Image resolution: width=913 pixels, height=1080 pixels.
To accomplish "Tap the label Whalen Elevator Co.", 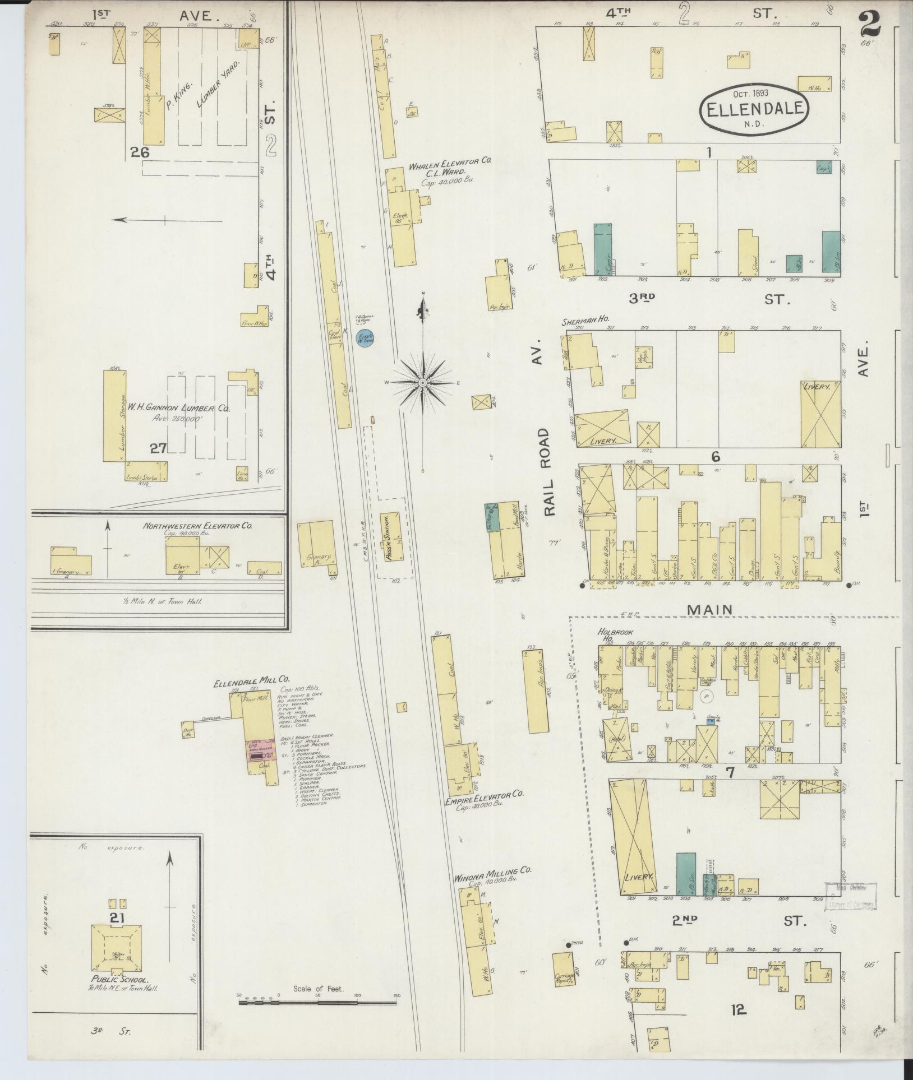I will point(449,160).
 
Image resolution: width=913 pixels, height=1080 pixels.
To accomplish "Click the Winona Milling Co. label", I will point(492,887).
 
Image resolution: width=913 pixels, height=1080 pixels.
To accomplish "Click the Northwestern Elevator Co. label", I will point(197,526).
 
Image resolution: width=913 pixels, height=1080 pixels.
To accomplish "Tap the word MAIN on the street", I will point(711,609).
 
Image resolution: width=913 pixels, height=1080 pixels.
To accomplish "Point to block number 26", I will point(140,151).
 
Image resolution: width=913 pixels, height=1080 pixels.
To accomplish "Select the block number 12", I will point(739,1010).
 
